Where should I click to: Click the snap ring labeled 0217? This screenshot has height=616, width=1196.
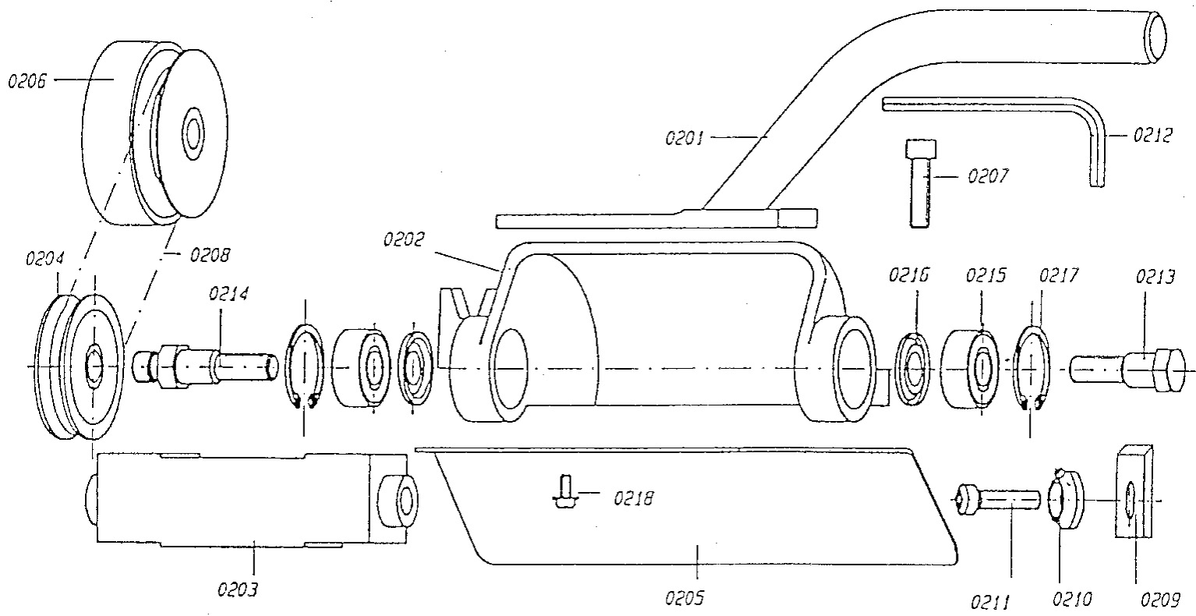(1034, 366)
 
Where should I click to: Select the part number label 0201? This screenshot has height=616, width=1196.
(685, 139)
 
